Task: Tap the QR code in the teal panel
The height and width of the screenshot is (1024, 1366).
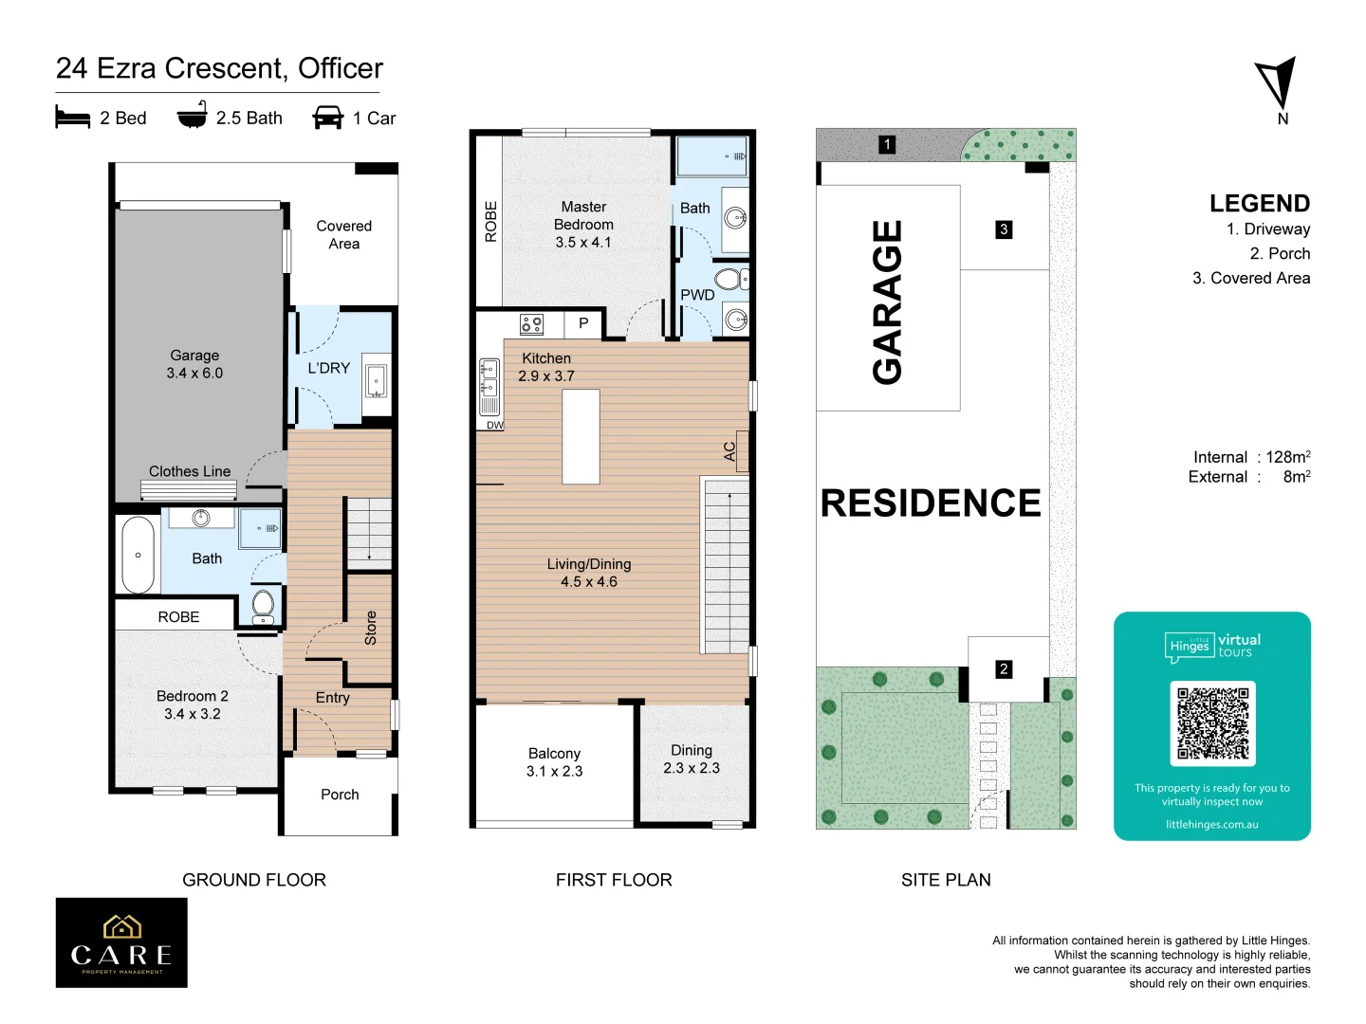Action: click(1212, 723)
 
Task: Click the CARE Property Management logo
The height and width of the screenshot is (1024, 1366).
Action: click(121, 942)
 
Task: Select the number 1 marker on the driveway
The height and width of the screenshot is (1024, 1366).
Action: click(887, 145)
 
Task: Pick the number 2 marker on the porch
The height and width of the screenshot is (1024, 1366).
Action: click(1004, 669)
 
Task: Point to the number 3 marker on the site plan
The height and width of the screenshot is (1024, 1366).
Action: click(1004, 229)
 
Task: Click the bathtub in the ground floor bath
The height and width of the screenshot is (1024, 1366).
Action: click(138, 555)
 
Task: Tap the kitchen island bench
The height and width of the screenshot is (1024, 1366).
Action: click(581, 436)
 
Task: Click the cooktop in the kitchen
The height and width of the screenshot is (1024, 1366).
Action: click(531, 324)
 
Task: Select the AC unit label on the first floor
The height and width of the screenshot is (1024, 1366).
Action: click(729, 451)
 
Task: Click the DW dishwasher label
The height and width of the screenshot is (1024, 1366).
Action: click(495, 426)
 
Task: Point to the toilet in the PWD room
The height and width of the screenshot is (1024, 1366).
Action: click(730, 279)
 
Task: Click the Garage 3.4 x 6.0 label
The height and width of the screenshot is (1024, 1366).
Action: click(194, 364)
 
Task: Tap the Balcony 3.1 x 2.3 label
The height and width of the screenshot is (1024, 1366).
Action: click(555, 762)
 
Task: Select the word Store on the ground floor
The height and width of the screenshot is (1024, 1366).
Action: click(370, 628)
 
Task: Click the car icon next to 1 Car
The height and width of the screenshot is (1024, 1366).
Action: click(328, 117)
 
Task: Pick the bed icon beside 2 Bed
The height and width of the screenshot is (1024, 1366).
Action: click(73, 117)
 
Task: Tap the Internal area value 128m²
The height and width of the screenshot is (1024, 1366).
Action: click(1287, 457)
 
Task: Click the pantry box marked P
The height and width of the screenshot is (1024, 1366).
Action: click(583, 323)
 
